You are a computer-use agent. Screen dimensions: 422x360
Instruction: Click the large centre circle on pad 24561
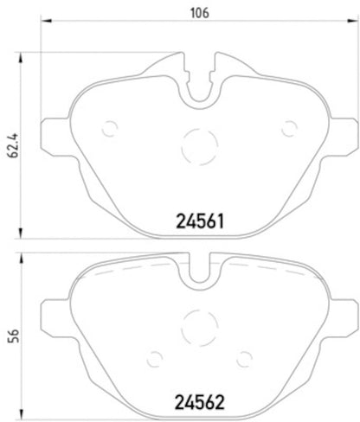coord(200,144)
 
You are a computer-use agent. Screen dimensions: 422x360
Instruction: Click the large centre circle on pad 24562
coord(200,326)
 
